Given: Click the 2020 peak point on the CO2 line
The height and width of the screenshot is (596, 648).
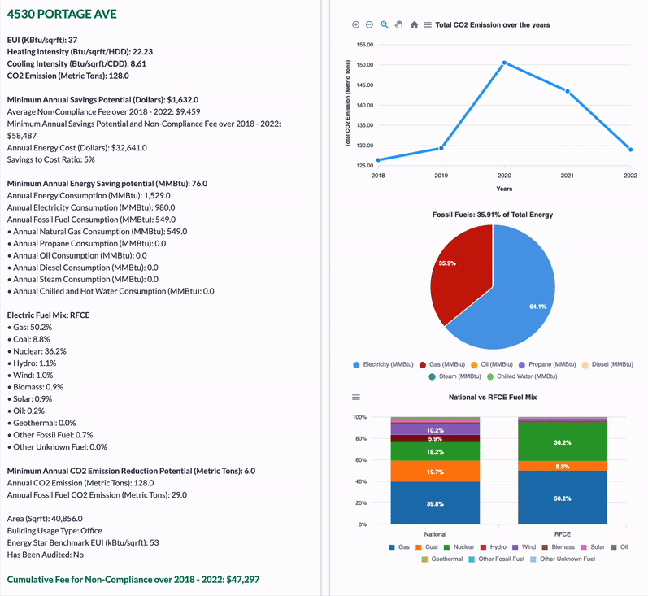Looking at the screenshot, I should point(504,63).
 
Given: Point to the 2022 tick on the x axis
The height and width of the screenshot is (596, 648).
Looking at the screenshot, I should point(630,175).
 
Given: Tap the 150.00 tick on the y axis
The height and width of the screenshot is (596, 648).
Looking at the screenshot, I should point(365,65).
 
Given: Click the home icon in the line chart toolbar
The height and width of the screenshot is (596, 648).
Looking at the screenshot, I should point(414,25).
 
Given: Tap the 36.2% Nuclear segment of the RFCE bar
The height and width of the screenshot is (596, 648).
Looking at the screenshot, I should point(562,442).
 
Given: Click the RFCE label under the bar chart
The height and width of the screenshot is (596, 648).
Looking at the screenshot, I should point(562,534).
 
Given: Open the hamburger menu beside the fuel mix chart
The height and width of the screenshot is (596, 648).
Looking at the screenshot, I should point(355,398).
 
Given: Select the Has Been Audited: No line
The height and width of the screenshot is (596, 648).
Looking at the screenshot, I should point(46,555).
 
